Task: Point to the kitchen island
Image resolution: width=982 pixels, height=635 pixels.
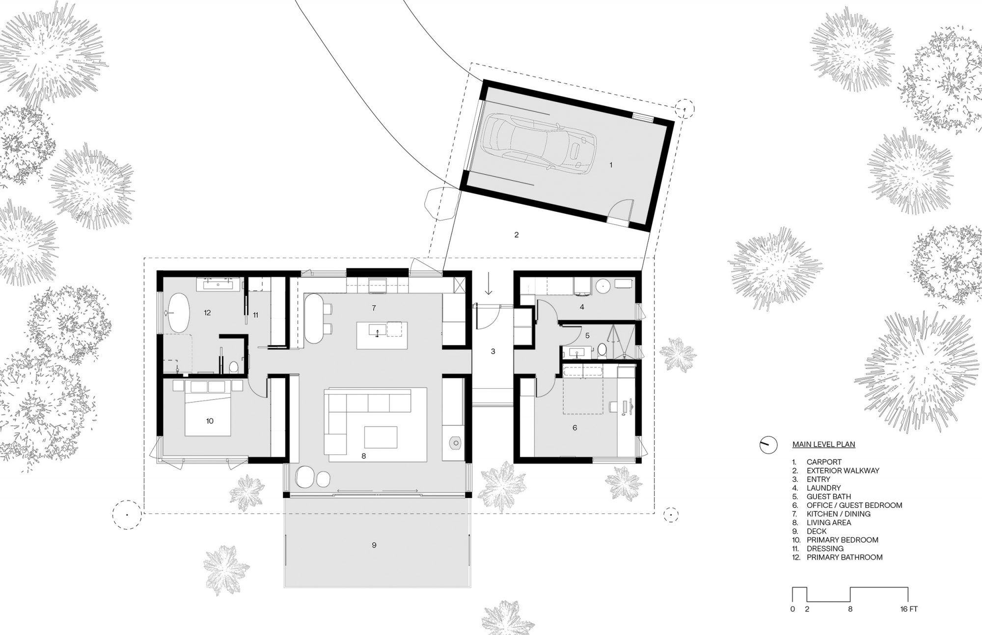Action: click(382, 335)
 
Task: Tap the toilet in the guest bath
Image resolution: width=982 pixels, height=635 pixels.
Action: click(602, 350)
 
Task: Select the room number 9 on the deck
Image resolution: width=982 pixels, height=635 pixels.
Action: click(374, 545)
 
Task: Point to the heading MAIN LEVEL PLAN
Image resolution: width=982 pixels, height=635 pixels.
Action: click(823, 445)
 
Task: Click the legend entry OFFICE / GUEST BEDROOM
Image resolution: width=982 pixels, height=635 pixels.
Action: click(854, 505)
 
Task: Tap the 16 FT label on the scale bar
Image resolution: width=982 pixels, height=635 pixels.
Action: click(908, 609)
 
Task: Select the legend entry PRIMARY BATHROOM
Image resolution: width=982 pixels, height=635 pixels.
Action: click(845, 557)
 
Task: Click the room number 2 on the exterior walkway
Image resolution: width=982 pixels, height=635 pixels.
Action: click(516, 235)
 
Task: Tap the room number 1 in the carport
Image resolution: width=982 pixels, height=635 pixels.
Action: click(611, 165)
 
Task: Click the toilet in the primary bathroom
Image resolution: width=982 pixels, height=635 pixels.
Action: click(234, 367)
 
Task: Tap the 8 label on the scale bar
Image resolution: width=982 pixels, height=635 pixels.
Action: click(850, 609)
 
